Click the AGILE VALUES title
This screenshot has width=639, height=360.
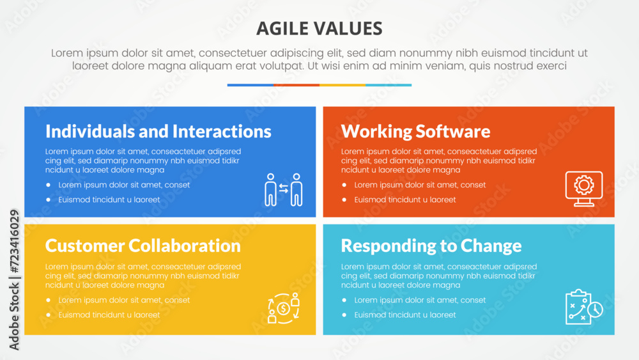(x=319, y=29)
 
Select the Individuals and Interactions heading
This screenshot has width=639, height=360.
(x=158, y=131)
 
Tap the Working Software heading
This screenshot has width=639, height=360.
(x=415, y=132)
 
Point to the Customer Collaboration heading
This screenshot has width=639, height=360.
(x=142, y=246)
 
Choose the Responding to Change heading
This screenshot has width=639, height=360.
(x=431, y=246)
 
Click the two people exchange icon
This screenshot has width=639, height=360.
(x=284, y=189)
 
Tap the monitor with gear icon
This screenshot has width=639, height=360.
(x=584, y=189)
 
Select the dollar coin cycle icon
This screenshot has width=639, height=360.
(x=284, y=308)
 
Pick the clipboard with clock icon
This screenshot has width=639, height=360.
(x=584, y=307)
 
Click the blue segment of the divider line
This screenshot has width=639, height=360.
(x=250, y=85)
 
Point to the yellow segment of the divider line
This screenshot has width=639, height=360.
(x=343, y=85)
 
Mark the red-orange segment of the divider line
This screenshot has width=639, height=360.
(x=296, y=85)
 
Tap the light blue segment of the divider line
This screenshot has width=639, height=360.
(x=389, y=85)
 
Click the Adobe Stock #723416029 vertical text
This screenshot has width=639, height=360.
(x=14, y=279)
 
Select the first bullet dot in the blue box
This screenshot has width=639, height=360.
(x=49, y=185)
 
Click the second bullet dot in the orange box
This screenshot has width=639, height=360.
(x=344, y=200)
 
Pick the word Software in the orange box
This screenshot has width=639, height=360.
(x=453, y=132)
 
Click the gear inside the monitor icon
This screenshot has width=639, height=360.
(x=584, y=185)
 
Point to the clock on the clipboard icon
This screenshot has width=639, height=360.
(x=596, y=309)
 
